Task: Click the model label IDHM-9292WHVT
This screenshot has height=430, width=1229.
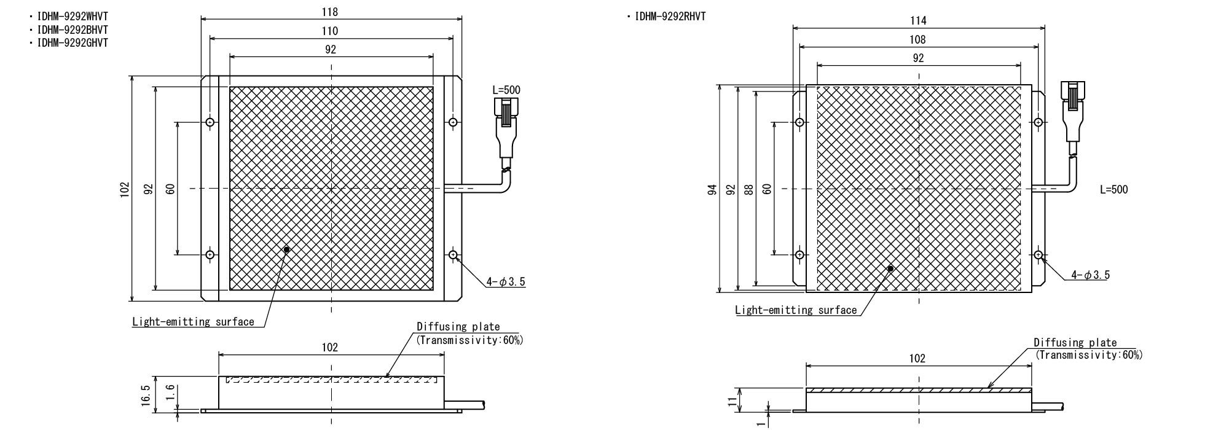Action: (x=73, y=17)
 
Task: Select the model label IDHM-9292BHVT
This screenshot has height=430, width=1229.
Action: (x=73, y=29)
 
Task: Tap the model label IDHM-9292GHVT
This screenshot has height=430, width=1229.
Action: (x=73, y=43)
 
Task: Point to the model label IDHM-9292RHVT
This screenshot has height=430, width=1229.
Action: (x=670, y=17)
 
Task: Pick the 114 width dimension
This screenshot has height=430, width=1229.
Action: (x=918, y=21)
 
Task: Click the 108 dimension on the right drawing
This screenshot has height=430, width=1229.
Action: (x=918, y=40)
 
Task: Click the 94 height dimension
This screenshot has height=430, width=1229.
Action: (x=712, y=189)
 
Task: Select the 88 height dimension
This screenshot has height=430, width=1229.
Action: (x=748, y=189)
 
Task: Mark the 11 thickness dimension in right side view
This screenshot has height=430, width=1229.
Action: (x=731, y=401)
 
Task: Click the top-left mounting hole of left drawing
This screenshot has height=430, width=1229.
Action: (x=210, y=122)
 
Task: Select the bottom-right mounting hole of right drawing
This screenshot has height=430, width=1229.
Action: (x=1038, y=254)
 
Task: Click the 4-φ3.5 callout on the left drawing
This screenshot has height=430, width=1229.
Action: (x=506, y=282)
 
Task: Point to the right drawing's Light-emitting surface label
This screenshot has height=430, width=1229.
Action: (x=796, y=310)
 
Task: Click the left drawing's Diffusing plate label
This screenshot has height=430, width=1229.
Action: (x=458, y=327)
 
